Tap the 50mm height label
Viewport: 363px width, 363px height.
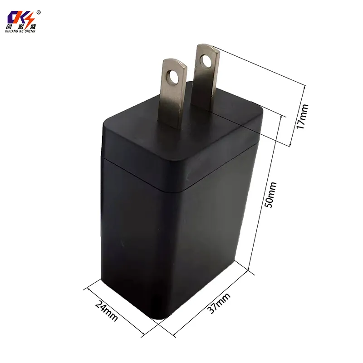click(270, 195)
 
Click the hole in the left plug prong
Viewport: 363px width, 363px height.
click(173, 78)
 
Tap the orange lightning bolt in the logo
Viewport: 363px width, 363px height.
click(30, 18)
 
